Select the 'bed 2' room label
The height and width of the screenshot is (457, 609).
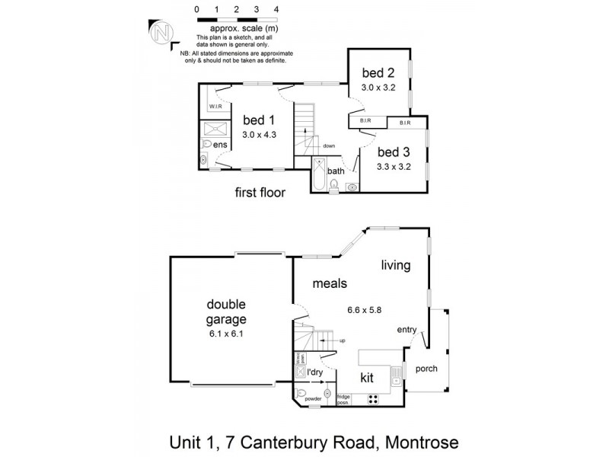pos(378,73)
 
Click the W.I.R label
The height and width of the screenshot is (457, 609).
pos(215,107)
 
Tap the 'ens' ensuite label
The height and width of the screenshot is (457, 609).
pos(220,145)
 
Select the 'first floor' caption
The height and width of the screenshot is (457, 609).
pos(260,193)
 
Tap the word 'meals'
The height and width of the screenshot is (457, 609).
pos(330,283)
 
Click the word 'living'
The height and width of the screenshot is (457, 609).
pos(396,266)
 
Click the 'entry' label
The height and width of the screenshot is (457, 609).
pos(407,330)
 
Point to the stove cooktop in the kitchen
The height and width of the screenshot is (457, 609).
pos(374,398)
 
